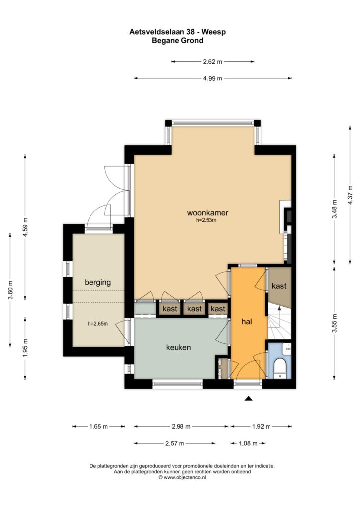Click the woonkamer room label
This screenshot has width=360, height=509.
[208, 213]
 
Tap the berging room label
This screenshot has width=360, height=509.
[98, 282]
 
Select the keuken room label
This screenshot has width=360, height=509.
[179, 347]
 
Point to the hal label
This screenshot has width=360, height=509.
[247, 322]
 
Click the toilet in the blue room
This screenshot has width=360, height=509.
[279, 368]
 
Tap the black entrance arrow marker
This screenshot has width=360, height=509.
[248, 399]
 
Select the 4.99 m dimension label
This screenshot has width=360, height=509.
[213, 78]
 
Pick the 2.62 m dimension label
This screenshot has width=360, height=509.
[213, 61]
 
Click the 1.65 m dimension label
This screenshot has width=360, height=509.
[98, 427]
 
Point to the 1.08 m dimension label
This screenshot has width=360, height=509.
[248, 444]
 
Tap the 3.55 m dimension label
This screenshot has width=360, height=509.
[335, 323]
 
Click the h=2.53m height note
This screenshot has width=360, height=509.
[206, 220]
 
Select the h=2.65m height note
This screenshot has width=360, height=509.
[98, 323]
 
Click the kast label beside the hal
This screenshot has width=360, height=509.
[279, 286]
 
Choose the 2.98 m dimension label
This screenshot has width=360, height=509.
[181, 427]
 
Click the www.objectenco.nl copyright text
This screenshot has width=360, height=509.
[182, 477]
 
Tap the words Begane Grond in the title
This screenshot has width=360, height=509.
[178, 41]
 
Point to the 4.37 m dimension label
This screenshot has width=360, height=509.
[350, 195]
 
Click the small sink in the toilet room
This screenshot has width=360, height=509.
[287, 348]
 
